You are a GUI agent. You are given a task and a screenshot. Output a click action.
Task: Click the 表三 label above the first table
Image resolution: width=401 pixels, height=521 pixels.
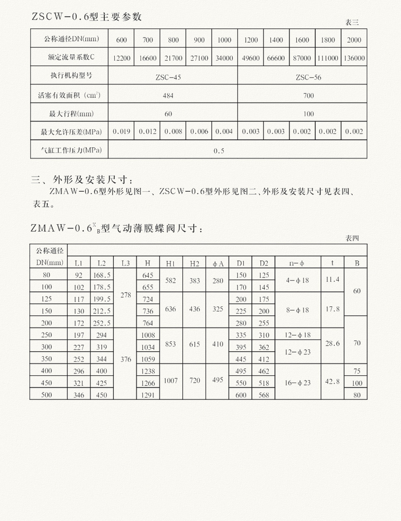[352, 22]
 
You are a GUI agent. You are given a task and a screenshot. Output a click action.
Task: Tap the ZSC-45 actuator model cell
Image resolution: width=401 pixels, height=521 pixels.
[168, 78]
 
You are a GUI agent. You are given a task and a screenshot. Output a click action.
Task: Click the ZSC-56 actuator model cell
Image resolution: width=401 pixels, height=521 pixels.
[308, 78]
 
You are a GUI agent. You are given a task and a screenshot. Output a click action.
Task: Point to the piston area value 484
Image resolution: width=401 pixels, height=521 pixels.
[168, 96]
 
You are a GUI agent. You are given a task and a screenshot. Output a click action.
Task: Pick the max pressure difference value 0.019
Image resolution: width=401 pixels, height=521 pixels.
[121, 132]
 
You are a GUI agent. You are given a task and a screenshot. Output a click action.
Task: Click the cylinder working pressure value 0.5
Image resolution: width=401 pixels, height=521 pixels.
[219, 151]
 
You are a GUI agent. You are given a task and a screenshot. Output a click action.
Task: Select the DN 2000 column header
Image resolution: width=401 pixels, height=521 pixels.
[354, 41]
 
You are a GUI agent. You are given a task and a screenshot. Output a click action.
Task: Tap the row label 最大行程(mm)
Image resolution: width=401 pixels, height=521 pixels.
[69, 114]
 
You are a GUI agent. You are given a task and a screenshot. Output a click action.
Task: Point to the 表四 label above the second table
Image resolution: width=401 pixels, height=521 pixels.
[352, 238]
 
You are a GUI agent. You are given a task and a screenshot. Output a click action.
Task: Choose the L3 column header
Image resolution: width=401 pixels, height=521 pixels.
[125, 263]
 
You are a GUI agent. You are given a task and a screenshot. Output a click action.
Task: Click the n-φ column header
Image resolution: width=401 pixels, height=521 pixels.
[297, 263]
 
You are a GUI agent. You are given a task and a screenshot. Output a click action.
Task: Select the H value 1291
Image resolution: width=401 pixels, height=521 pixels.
[147, 394]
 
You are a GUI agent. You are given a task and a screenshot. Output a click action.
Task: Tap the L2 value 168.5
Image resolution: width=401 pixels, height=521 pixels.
[102, 275]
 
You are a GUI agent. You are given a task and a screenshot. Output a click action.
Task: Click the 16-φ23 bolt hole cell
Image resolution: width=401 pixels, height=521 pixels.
[297, 382]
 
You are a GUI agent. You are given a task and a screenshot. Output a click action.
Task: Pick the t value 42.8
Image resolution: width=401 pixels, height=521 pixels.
[332, 382]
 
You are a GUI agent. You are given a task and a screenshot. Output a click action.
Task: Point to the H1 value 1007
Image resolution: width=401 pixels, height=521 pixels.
[171, 381]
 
